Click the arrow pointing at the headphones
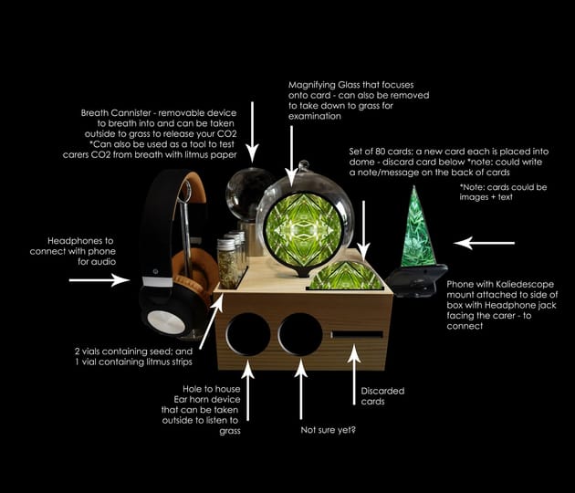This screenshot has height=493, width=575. coord(99,280)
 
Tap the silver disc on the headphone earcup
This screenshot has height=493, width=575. coord(166,322)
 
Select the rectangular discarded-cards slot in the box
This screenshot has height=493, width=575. coord(357,334)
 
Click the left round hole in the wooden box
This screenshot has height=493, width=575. coord(248,334)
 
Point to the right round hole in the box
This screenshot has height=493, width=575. coord(300,334)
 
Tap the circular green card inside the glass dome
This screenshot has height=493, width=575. coord(304,230)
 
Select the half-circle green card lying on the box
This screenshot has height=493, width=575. coord(345,276)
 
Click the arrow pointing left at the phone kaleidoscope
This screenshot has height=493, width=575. coord(484,243)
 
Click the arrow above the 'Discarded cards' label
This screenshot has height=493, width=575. coord(354,375)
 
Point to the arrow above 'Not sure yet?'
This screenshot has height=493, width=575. coord(300,389)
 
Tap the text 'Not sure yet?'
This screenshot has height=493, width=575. coord(328,430)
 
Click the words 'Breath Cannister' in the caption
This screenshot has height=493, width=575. coord(116,113)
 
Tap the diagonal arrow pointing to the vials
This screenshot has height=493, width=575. coord(211,321)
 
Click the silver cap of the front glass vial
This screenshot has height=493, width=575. coord(226,243)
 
